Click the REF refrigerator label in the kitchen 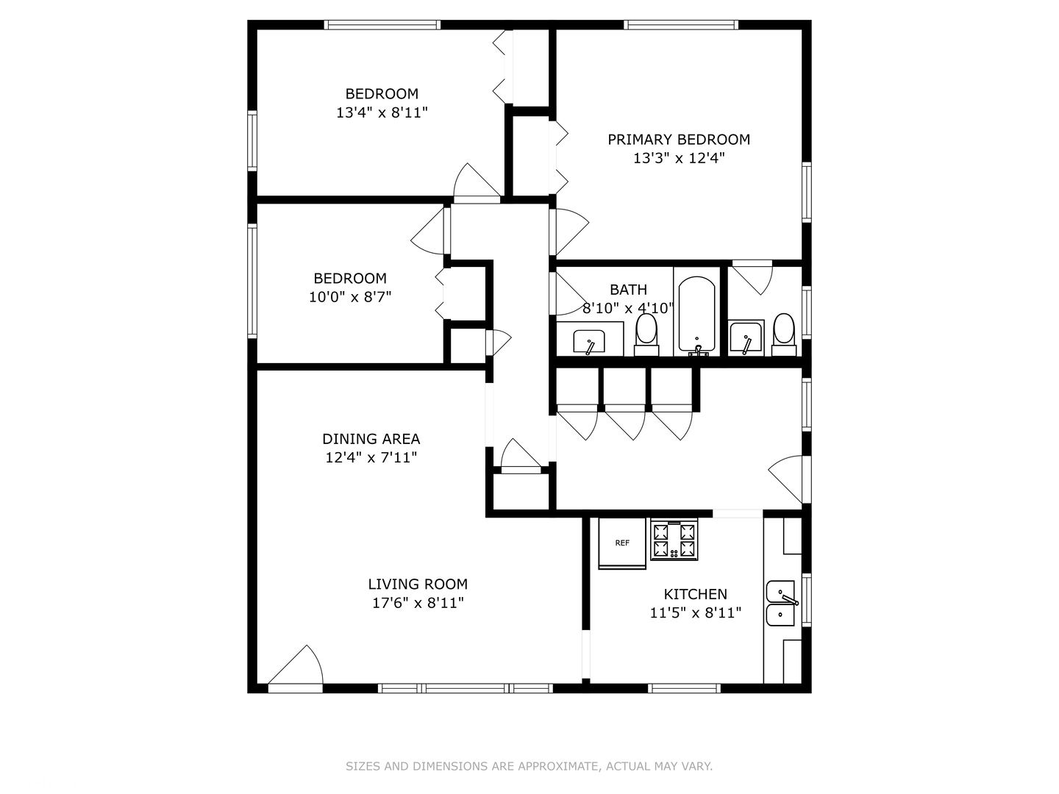point(622,543)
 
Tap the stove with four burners point(674,540)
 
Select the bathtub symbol point(696,315)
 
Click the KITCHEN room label point(695,594)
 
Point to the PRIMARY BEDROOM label point(679,140)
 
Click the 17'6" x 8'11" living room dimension point(418,603)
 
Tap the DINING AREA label point(371,439)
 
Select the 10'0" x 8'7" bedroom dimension point(350,297)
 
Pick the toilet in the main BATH point(646,335)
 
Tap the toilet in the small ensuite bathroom point(784,334)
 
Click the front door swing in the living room point(295,665)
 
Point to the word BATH point(628,289)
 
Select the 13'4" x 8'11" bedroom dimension point(382,112)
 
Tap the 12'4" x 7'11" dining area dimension point(371,457)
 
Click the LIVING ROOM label point(418,584)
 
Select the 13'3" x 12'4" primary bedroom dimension point(679,158)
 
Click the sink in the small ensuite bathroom point(746,337)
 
